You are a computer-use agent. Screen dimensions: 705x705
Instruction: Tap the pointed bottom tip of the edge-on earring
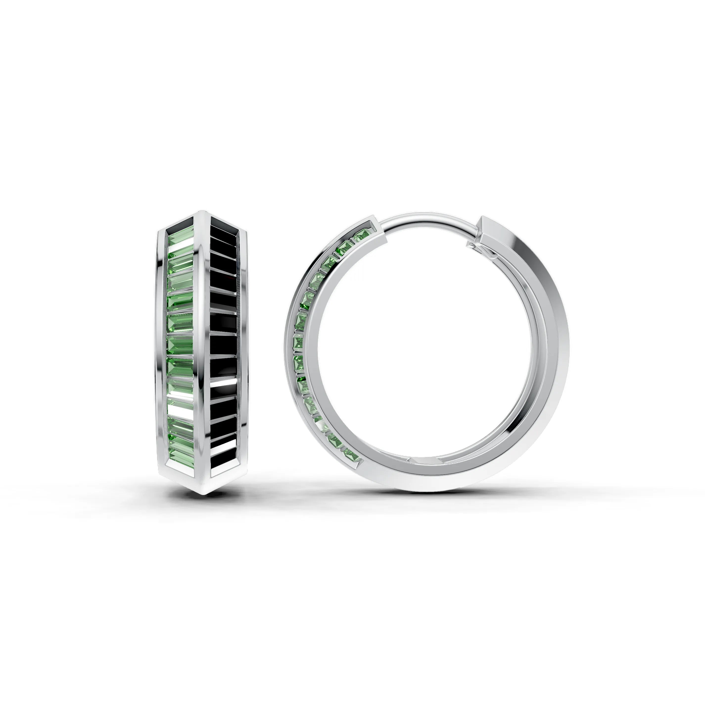(204, 493)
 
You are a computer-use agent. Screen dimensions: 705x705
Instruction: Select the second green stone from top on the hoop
(344, 249)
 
